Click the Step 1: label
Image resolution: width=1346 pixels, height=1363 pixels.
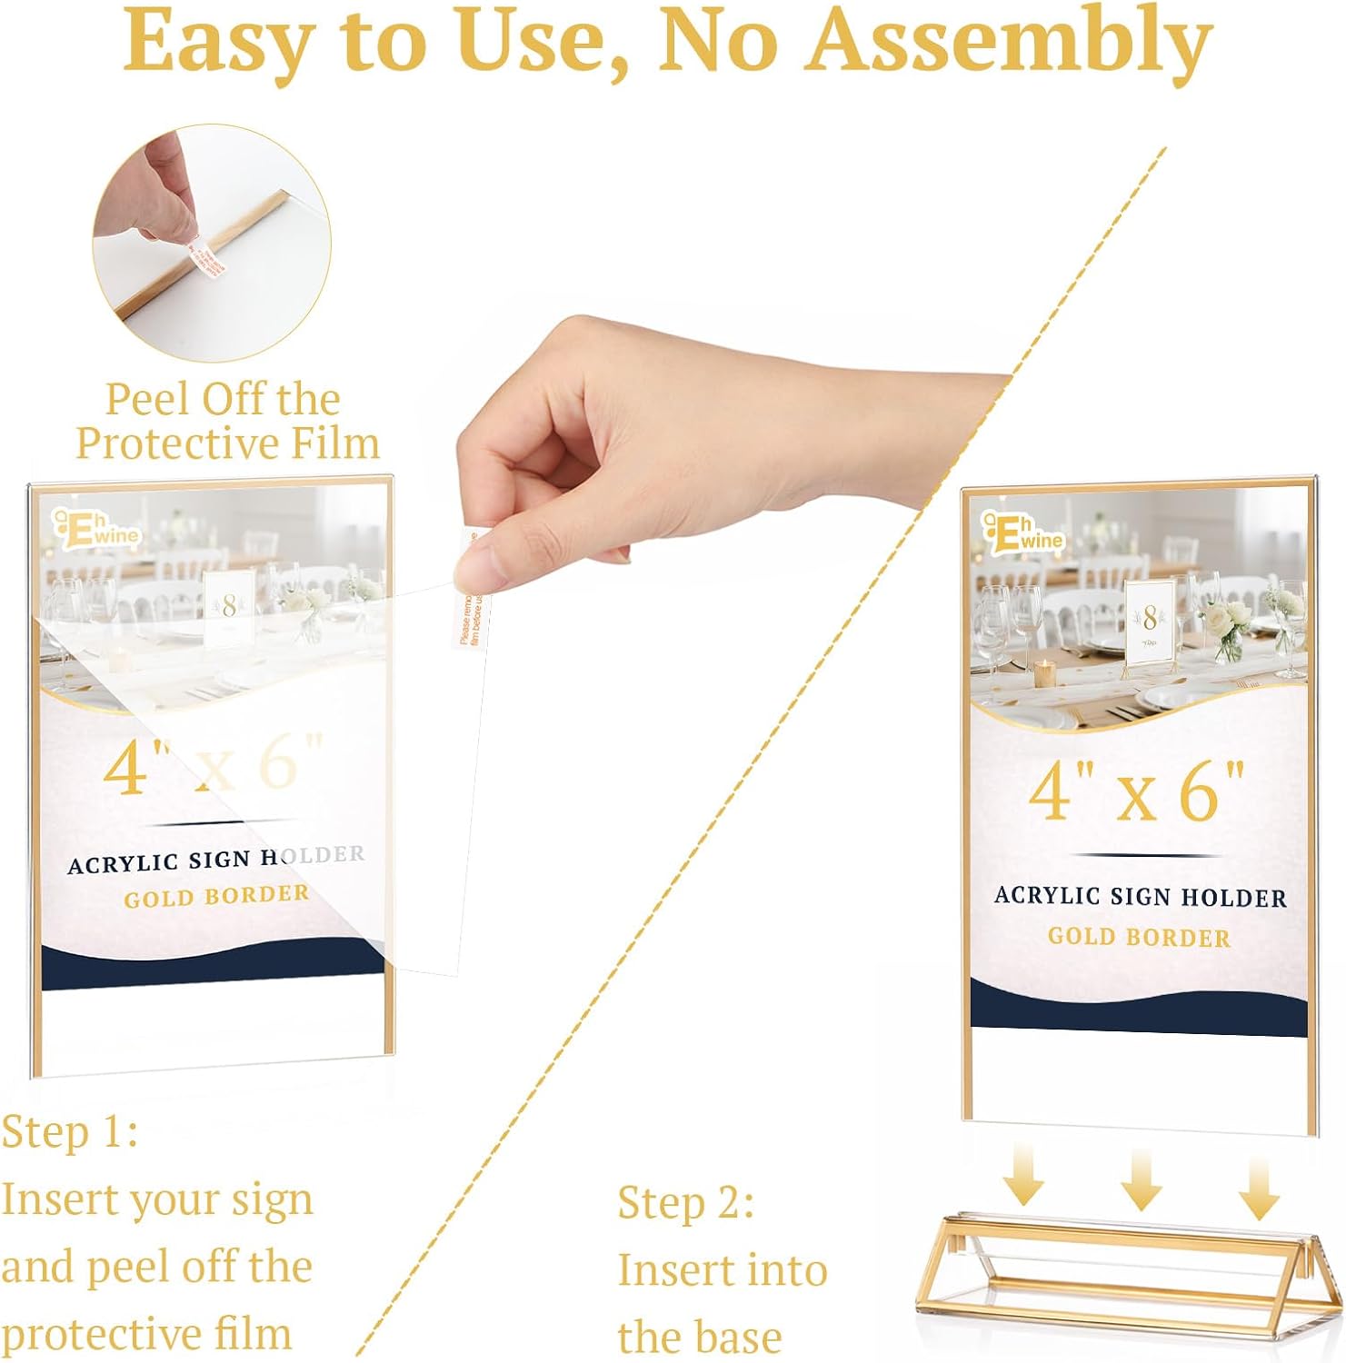(x=69, y=1132)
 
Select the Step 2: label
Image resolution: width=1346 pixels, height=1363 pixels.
(x=685, y=1203)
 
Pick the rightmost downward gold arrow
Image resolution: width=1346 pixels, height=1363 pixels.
(x=1260, y=1188)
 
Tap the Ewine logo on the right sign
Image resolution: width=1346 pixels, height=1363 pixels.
(x=1022, y=532)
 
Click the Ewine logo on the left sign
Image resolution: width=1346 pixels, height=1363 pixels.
(x=96, y=527)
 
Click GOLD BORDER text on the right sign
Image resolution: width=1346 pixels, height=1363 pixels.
(x=1139, y=937)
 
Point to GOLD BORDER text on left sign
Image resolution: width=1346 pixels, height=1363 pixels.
(x=216, y=897)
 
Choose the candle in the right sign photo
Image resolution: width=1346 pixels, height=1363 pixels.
(x=1045, y=673)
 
